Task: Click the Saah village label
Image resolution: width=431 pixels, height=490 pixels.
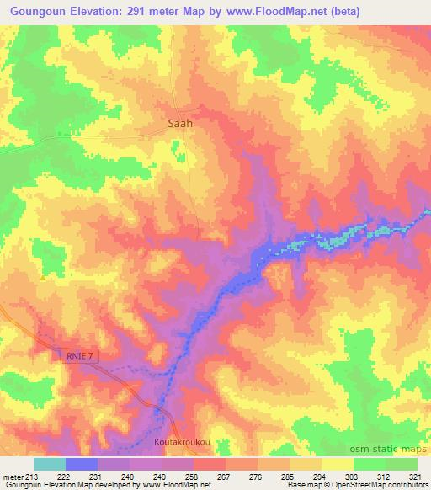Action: (x=176, y=122)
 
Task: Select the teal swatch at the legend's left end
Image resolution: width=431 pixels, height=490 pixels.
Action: (x=50, y=463)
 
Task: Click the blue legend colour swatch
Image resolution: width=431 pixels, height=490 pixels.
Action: (x=82, y=463)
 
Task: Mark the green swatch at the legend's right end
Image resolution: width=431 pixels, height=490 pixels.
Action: (x=402, y=463)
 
